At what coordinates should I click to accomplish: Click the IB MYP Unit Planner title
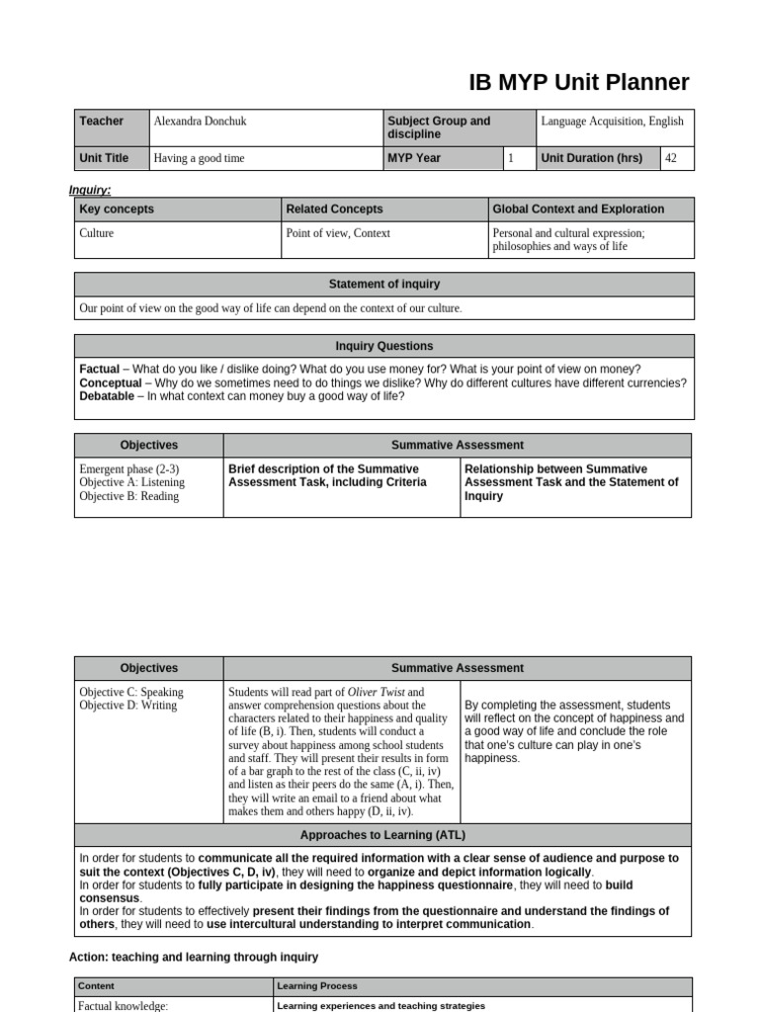pyautogui.click(x=579, y=83)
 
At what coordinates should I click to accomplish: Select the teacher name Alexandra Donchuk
pyautogui.click(x=200, y=122)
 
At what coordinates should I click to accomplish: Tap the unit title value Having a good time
pyautogui.click(x=199, y=158)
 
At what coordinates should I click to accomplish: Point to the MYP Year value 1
pyautogui.click(x=511, y=158)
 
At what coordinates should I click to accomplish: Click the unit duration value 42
pyautogui.click(x=671, y=158)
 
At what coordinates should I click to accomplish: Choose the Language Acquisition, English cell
pyautogui.click(x=612, y=122)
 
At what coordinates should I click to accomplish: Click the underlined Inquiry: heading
pyautogui.click(x=90, y=190)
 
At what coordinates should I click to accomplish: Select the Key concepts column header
pyautogui.click(x=117, y=210)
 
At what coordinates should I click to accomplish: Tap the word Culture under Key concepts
pyautogui.click(x=97, y=233)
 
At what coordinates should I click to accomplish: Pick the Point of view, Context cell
pyautogui.click(x=338, y=233)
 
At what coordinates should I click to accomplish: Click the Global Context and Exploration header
pyautogui.click(x=577, y=210)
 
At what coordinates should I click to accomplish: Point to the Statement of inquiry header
pyautogui.click(x=384, y=285)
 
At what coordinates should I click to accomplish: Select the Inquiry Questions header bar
pyautogui.click(x=384, y=346)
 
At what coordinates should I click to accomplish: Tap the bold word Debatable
pyautogui.click(x=113, y=396)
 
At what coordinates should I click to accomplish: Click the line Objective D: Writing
pyautogui.click(x=127, y=706)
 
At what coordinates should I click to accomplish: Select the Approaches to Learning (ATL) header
pyautogui.click(x=384, y=835)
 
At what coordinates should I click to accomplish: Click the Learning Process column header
pyautogui.click(x=317, y=985)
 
